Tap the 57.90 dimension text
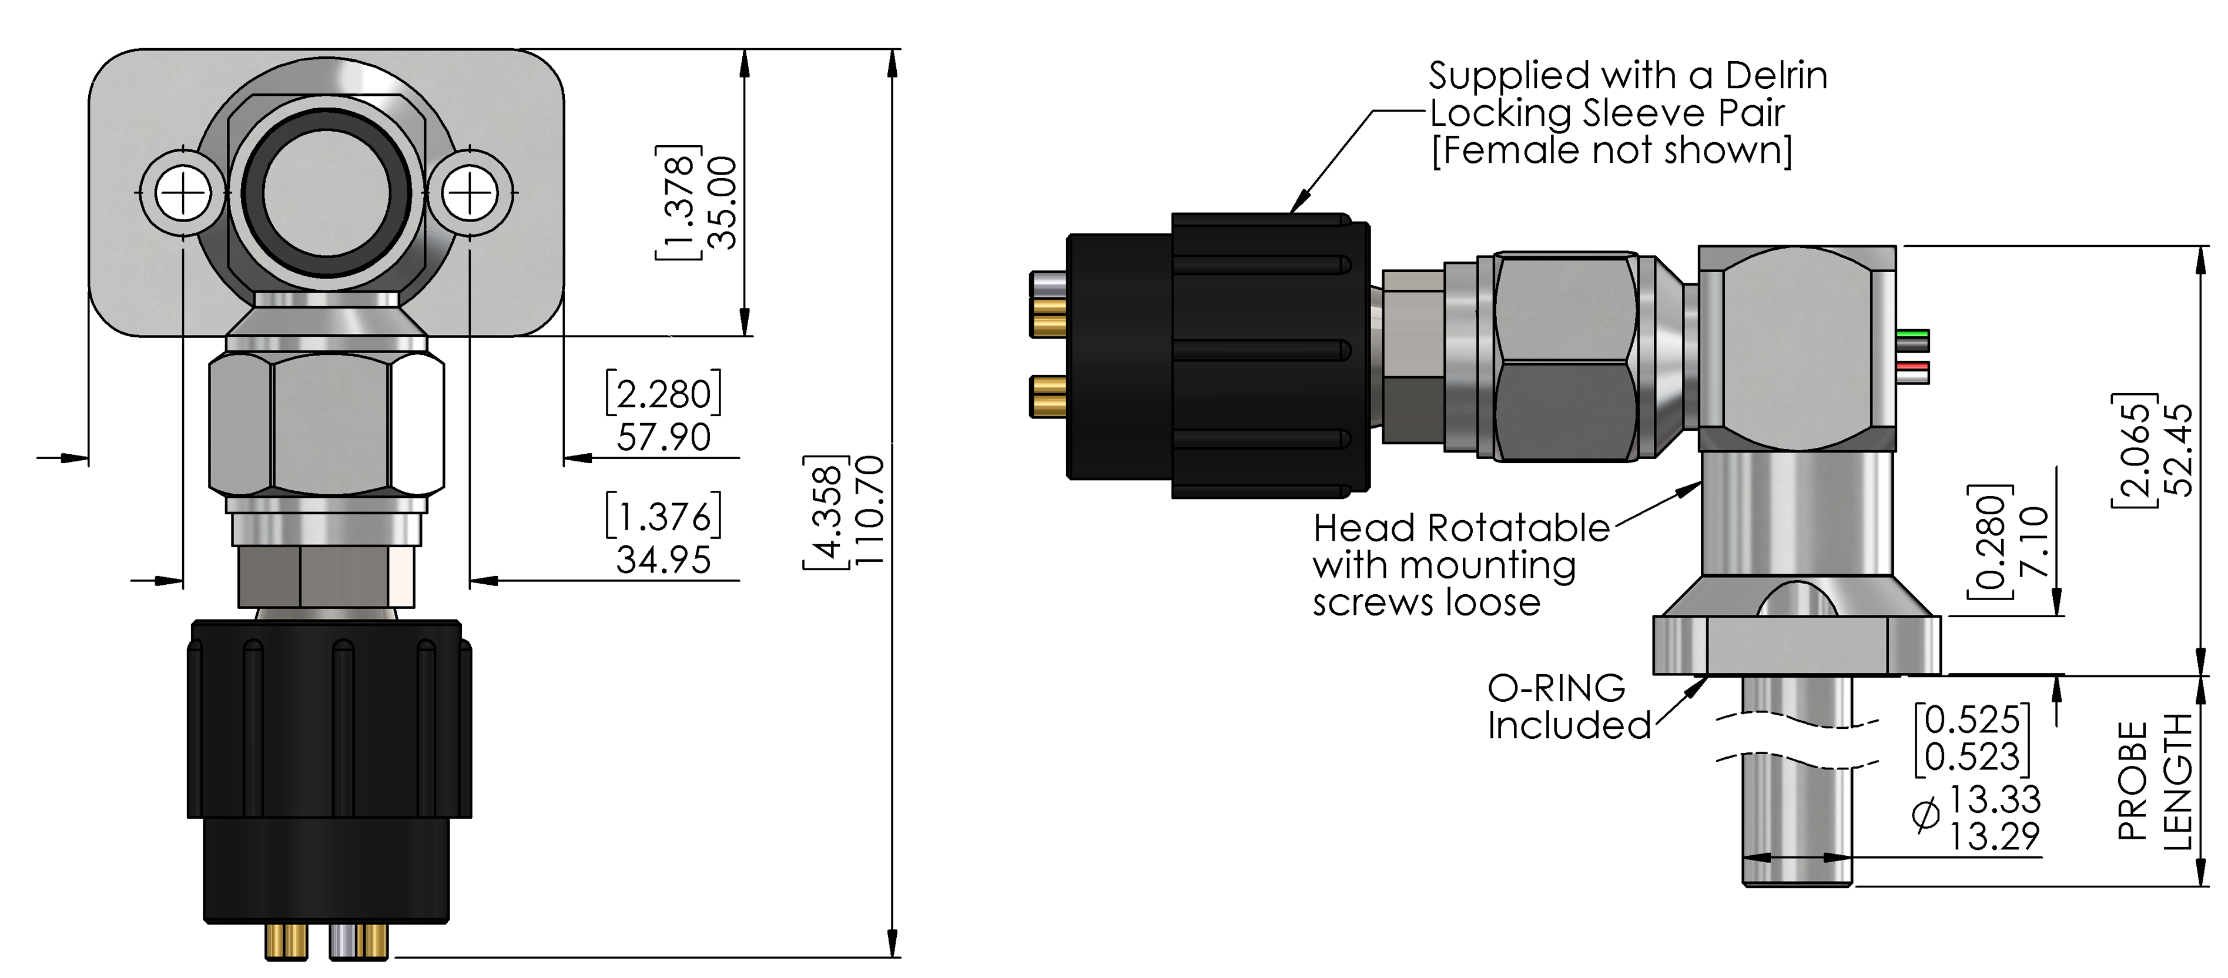point(664,437)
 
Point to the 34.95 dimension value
point(664,560)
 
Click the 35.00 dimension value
point(721,203)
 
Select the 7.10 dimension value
point(2033,542)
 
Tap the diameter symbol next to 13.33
point(1926,815)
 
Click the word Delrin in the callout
point(1777,76)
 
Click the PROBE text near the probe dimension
point(2132,781)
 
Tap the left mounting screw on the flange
point(183,193)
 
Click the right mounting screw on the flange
point(470,193)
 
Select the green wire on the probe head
point(1912,334)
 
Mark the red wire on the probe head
point(1912,366)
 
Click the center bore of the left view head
point(326,194)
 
